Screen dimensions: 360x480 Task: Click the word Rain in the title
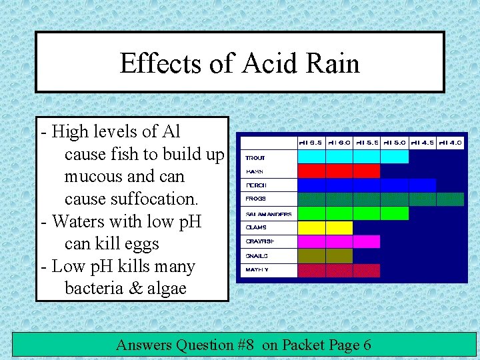(334, 63)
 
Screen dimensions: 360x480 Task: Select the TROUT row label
(255, 158)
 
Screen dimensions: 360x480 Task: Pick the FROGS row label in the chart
(255, 199)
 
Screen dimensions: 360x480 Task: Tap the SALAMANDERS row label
(268, 214)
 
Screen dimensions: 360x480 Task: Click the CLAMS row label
(256, 227)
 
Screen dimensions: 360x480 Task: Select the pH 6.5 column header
(311, 141)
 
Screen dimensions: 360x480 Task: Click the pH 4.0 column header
(450, 141)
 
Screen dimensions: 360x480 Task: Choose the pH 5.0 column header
(394, 141)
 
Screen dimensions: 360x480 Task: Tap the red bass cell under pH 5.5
(366, 171)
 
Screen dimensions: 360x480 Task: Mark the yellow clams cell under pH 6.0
(339, 227)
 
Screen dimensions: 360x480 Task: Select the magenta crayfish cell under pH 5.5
(366, 241)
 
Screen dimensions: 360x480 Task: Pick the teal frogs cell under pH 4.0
(450, 199)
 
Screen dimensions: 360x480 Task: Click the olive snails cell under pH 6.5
(311, 256)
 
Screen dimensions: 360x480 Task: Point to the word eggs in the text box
(141, 243)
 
